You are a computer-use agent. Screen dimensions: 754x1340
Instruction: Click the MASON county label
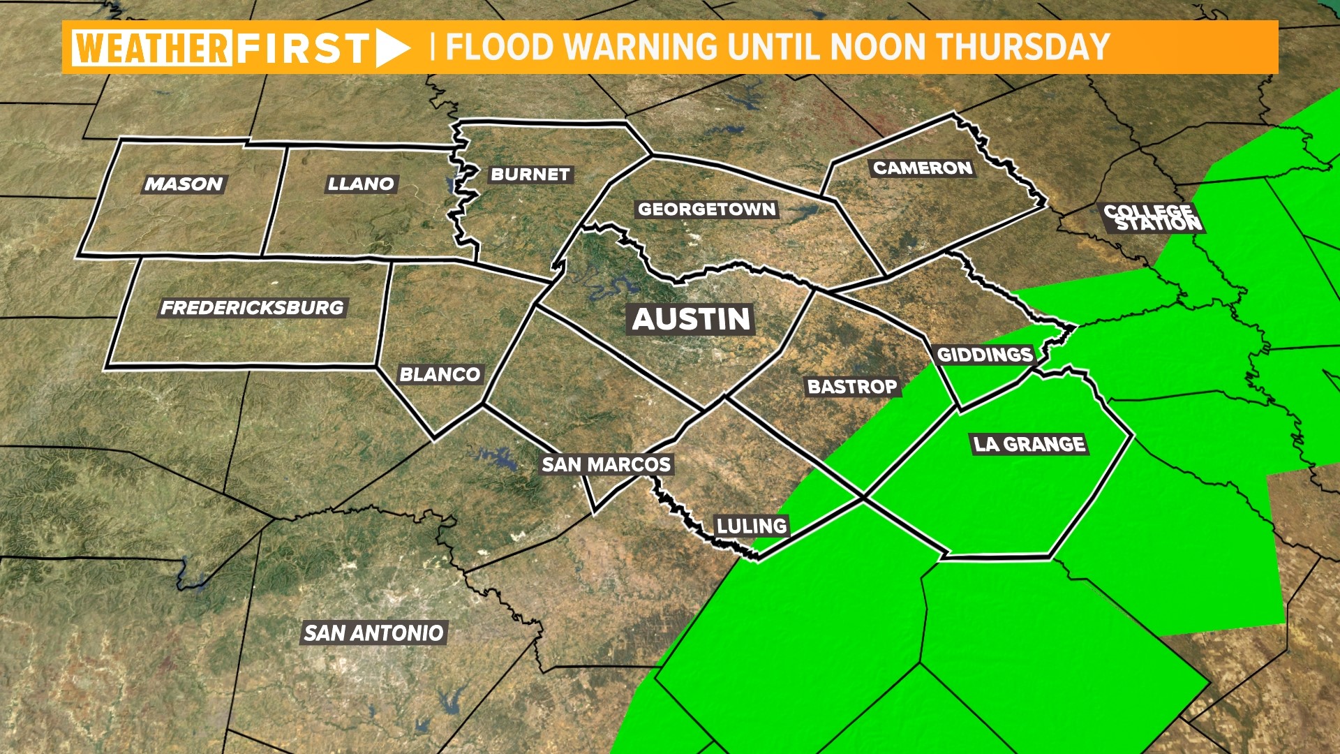click(x=184, y=184)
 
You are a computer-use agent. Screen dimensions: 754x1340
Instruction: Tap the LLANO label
click(x=361, y=184)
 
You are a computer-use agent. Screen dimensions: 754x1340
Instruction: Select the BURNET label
click(x=530, y=174)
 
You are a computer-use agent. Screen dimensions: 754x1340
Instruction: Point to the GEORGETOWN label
click(x=706, y=209)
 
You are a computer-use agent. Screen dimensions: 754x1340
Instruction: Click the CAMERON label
click(x=922, y=168)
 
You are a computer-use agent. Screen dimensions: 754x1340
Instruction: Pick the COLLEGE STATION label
click(x=1153, y=217)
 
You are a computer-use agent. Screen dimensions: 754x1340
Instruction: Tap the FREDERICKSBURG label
click(x=252, y=307)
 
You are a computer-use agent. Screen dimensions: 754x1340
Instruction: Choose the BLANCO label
click(x=440, y=374)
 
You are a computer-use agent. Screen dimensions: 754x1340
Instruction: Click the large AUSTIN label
click(x=691, y=319)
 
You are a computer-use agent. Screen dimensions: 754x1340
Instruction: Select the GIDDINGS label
click(x=984, y=355)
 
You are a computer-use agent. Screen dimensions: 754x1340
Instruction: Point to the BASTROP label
click(x=851, y=386)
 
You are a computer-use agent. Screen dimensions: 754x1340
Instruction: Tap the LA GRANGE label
click(x=1029, y=444)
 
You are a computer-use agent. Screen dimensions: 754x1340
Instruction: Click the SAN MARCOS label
click(x=606, y=464)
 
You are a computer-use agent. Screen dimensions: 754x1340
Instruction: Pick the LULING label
click(x=752, y=526)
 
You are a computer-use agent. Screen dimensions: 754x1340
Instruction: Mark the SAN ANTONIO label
click(x=373, y=633)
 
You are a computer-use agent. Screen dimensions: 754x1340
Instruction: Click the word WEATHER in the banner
click(x=151, y=47)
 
